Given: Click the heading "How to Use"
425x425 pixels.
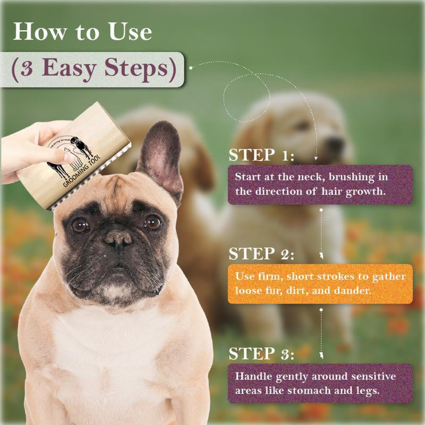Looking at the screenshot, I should (82, 31).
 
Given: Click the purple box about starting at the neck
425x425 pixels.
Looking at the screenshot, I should (320, 184).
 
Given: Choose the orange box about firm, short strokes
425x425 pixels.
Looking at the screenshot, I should (320, 284).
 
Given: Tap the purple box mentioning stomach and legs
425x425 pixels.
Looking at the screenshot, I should (320, 382).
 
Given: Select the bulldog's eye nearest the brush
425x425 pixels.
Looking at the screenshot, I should (80, 225).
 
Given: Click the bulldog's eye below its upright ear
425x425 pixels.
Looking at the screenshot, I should (152, 223).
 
